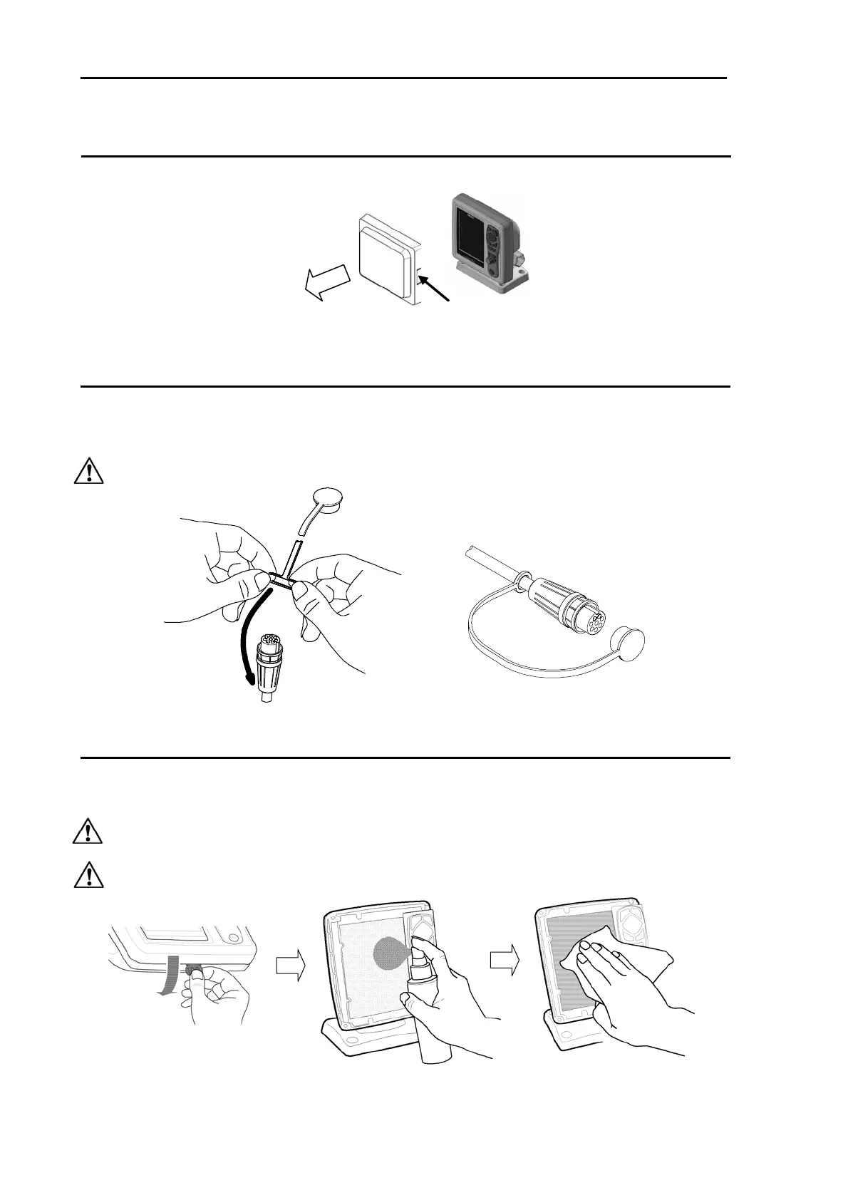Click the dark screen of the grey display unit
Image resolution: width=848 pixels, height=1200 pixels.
467,234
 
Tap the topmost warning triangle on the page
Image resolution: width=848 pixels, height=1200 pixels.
88,472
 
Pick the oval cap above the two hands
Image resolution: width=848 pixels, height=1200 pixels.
329,501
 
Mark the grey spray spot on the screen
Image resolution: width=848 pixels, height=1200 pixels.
391,951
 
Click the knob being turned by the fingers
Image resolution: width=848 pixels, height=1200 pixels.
193,971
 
